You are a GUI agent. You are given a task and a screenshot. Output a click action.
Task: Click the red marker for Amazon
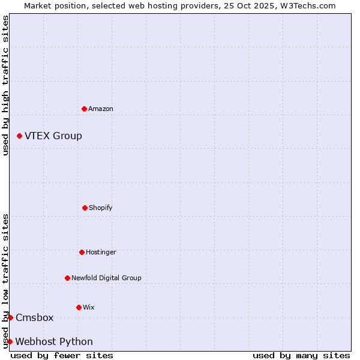84,109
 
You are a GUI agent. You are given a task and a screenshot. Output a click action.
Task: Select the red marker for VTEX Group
19,136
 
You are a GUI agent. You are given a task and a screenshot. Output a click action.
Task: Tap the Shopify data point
85,208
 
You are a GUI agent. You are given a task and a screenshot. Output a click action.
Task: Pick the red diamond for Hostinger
82,252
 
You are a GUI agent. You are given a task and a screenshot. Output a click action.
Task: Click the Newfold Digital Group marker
67,278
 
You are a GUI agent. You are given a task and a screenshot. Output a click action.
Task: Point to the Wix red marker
79,307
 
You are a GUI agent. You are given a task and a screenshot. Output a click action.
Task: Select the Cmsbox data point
10,317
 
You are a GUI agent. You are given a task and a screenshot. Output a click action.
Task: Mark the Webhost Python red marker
10,341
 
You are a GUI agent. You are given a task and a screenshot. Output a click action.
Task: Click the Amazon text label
101,109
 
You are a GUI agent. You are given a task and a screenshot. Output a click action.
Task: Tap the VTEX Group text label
53,136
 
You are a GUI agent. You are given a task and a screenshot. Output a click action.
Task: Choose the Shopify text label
101,208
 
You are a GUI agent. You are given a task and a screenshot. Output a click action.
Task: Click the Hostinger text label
101,252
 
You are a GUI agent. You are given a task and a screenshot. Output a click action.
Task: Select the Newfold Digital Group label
106,278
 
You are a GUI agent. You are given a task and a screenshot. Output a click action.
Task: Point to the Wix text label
89,307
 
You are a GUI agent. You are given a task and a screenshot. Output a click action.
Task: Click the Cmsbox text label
35,317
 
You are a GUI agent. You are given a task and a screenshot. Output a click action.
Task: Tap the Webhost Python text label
54,341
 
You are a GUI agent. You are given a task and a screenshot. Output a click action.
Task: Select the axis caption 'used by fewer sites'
62,355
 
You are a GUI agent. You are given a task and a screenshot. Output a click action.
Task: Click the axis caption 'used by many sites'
301,355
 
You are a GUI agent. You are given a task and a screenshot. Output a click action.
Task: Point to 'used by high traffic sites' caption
5,85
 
